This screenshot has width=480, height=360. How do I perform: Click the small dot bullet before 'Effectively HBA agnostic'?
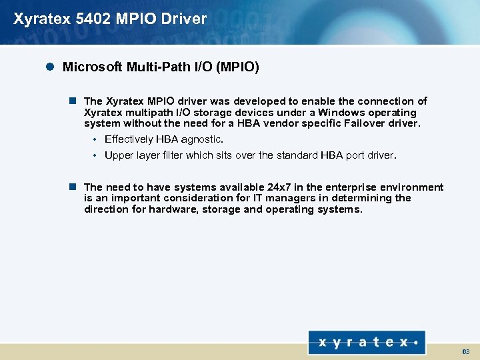96,139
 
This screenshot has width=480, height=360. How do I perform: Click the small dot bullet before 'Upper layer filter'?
96,155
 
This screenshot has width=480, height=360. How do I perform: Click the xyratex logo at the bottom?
367,343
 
